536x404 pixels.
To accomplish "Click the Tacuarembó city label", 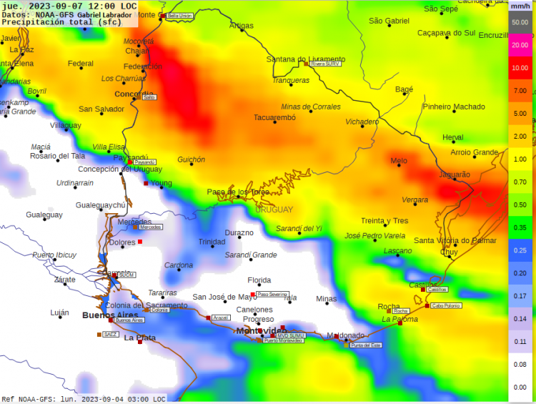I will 274,117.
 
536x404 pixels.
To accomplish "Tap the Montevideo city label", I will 261,330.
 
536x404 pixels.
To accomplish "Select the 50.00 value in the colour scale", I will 520,22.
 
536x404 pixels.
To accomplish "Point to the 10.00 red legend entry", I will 520,68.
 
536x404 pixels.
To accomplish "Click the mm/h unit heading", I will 520,6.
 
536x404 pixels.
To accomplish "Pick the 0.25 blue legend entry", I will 520,250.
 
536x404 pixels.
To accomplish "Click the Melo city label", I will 399,161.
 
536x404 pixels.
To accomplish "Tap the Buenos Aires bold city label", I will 110,315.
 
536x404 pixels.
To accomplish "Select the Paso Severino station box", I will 273,294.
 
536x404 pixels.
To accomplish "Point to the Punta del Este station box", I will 366,345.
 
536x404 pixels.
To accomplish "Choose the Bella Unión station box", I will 180,15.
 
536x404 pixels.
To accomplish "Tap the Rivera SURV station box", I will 326,64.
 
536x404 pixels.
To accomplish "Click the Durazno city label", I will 239,233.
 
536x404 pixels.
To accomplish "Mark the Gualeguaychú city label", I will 101,205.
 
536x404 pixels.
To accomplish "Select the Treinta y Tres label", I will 384,221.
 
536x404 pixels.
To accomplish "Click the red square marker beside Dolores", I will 140,242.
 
